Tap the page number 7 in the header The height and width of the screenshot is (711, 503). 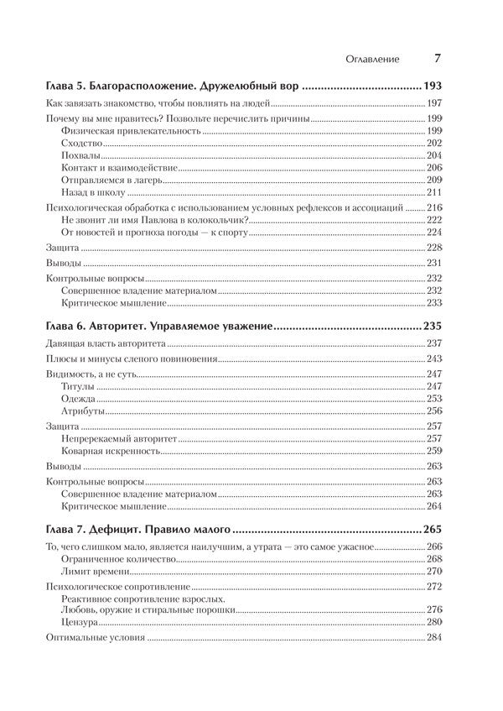(438, 58)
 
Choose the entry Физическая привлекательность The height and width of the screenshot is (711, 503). (131, 132)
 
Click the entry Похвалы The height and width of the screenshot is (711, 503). (81, 155)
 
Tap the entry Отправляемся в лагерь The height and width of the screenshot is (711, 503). (112, 180)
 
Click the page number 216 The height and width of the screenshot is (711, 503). (434, 207)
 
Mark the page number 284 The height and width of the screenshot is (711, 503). (434, 638)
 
